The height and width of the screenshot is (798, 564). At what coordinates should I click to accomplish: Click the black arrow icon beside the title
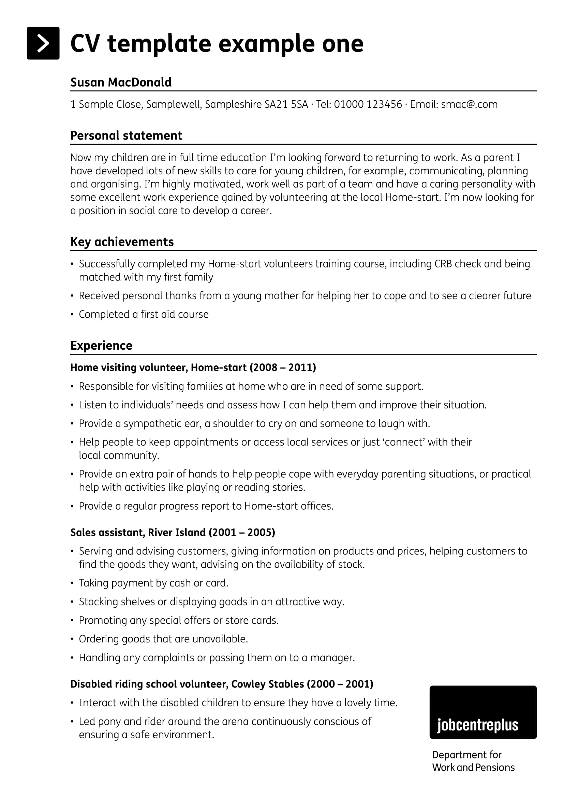(x=43, y=43)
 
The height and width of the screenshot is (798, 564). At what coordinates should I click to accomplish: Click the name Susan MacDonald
(x=121, y=82)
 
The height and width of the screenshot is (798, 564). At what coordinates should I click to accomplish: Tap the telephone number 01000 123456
(x=368, y=104)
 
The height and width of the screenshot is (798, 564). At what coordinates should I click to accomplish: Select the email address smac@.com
(x=469, y=104)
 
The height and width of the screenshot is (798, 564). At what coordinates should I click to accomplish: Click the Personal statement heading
(x=126, y=135)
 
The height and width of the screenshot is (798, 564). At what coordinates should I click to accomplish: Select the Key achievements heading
(x=122, y=242)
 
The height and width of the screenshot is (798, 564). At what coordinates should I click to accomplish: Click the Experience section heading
(x=101, y=346)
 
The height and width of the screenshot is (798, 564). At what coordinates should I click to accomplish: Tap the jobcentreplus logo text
(x=477, y=725)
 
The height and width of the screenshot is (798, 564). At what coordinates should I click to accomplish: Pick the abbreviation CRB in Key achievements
(x=443, y=264)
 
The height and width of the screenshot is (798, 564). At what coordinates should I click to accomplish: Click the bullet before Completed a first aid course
(x=72, y=315)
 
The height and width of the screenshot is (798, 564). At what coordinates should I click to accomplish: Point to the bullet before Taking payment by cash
(x=72, y=583)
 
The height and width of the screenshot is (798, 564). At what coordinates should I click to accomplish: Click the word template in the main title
(x=159, y=44)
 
